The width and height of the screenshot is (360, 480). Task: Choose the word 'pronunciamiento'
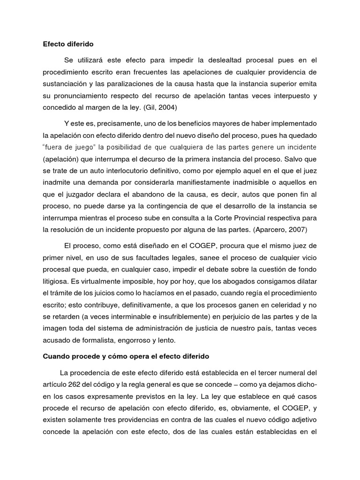pyautogui.click(x=76, y=96)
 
